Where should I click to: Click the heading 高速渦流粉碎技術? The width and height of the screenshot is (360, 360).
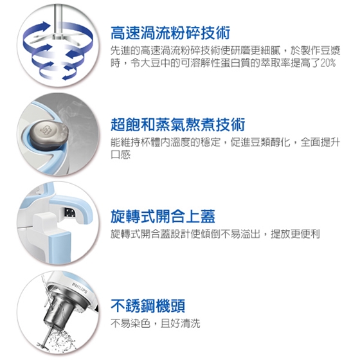click(x=170, y=33)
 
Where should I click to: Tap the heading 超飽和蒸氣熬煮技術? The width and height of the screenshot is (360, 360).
click(x=177, y=125)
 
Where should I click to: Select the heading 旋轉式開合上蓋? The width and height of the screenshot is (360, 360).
click(x=163, y=216)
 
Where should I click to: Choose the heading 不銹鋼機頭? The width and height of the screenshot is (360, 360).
click(x=148, y=305)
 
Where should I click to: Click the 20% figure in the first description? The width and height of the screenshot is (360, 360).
click(x=328, y=63)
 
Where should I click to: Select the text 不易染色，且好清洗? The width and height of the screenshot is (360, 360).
click(x=156, y=323)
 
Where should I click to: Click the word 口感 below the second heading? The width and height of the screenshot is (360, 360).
click(x=121, y=154)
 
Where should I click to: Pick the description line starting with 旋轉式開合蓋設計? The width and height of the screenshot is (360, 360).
click(x=215, y=234)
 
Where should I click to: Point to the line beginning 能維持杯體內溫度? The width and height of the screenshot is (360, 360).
click(x=225, y=142)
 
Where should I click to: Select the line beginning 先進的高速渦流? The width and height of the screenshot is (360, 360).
click(x=225, y=51)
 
